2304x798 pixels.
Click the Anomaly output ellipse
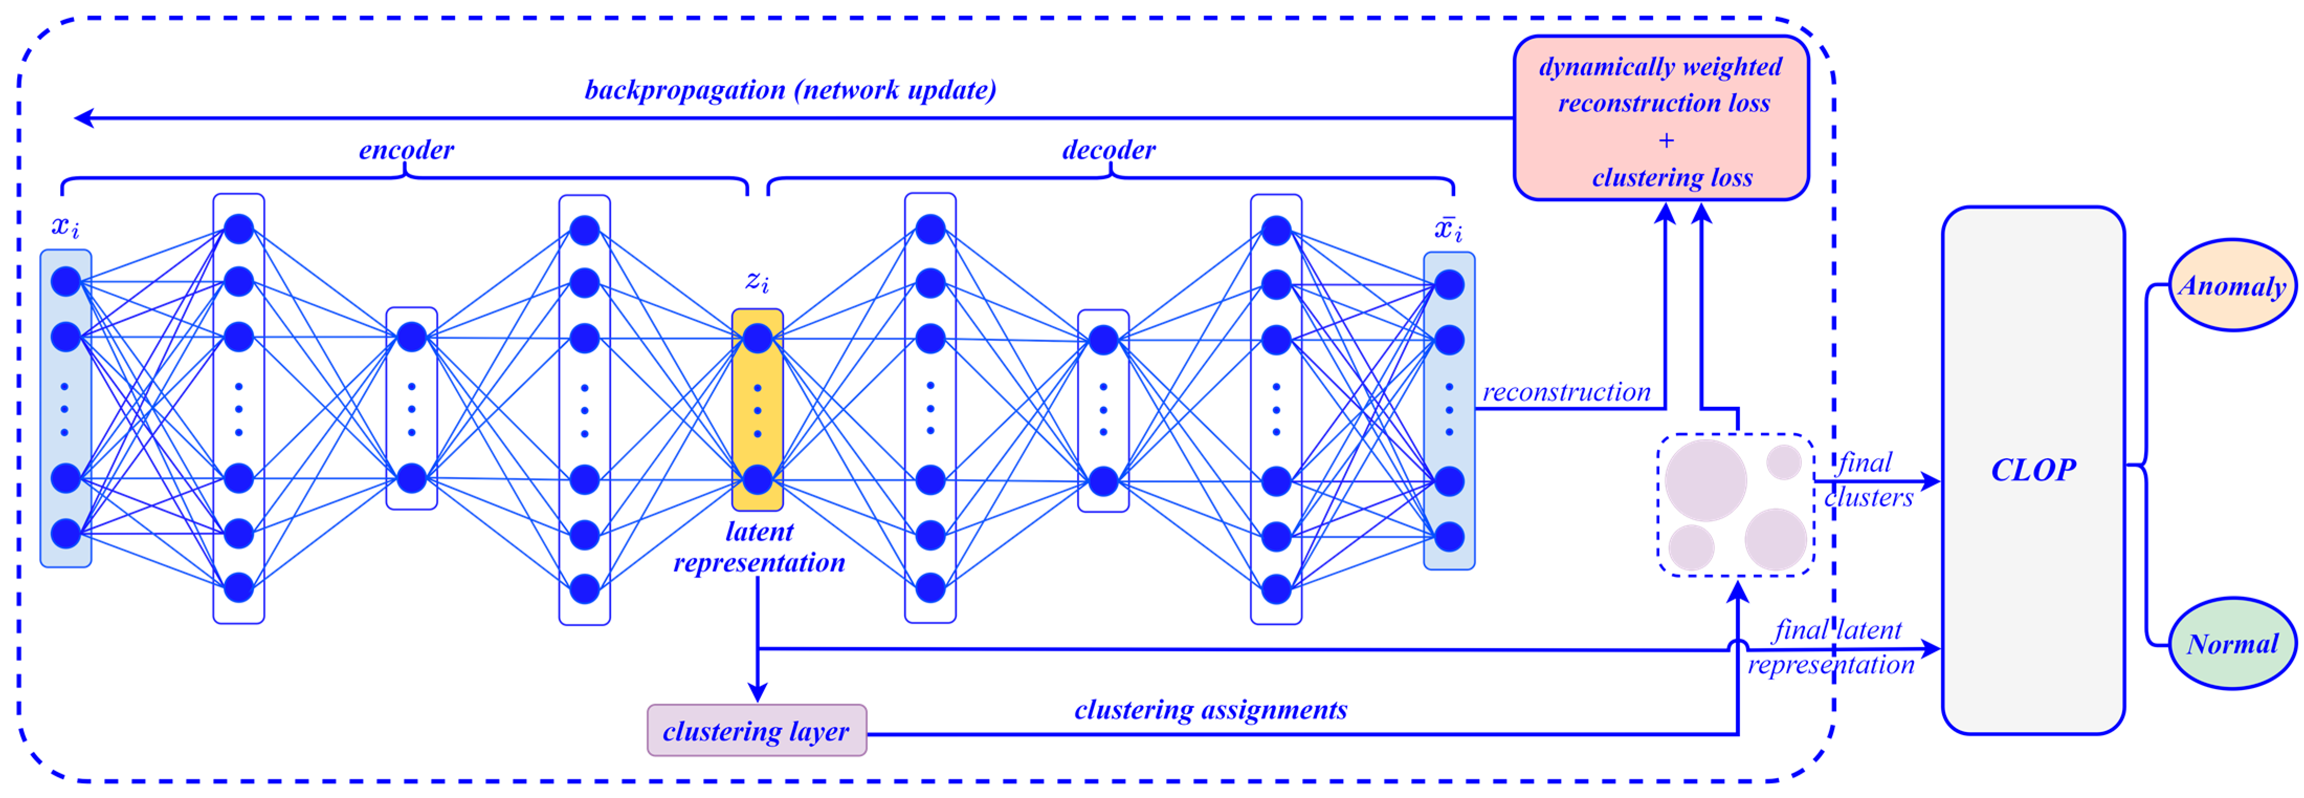2232,285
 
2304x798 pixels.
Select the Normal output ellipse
2232,643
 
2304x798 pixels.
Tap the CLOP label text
2033,470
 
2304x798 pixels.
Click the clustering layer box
757,730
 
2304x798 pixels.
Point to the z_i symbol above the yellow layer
758,281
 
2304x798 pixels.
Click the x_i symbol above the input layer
65,226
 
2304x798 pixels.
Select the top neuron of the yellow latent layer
758,338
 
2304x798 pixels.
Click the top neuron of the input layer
66,282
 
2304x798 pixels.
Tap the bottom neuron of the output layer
1449,537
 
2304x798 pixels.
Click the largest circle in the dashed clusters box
1705,480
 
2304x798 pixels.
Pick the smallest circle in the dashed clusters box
1784,462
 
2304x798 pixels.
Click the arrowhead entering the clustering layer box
758,693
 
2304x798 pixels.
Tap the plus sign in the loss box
1665,140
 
